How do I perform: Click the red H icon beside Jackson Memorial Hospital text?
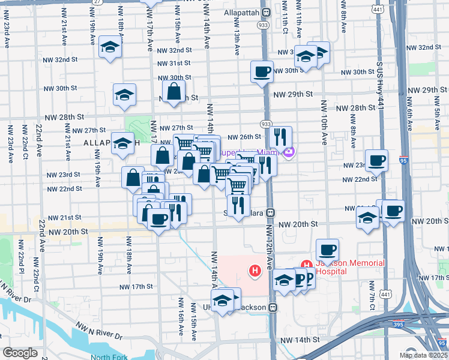(306, 264)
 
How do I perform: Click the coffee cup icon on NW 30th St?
(262, 71)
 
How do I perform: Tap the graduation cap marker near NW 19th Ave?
(110, 47)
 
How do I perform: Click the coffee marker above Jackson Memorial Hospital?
(327, 248)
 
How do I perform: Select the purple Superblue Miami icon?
(289, 152)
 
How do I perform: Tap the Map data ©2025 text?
(423, 355)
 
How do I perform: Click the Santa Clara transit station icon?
(271, 212)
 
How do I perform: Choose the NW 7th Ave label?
(372, 293)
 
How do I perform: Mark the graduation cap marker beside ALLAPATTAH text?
(122, 143)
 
